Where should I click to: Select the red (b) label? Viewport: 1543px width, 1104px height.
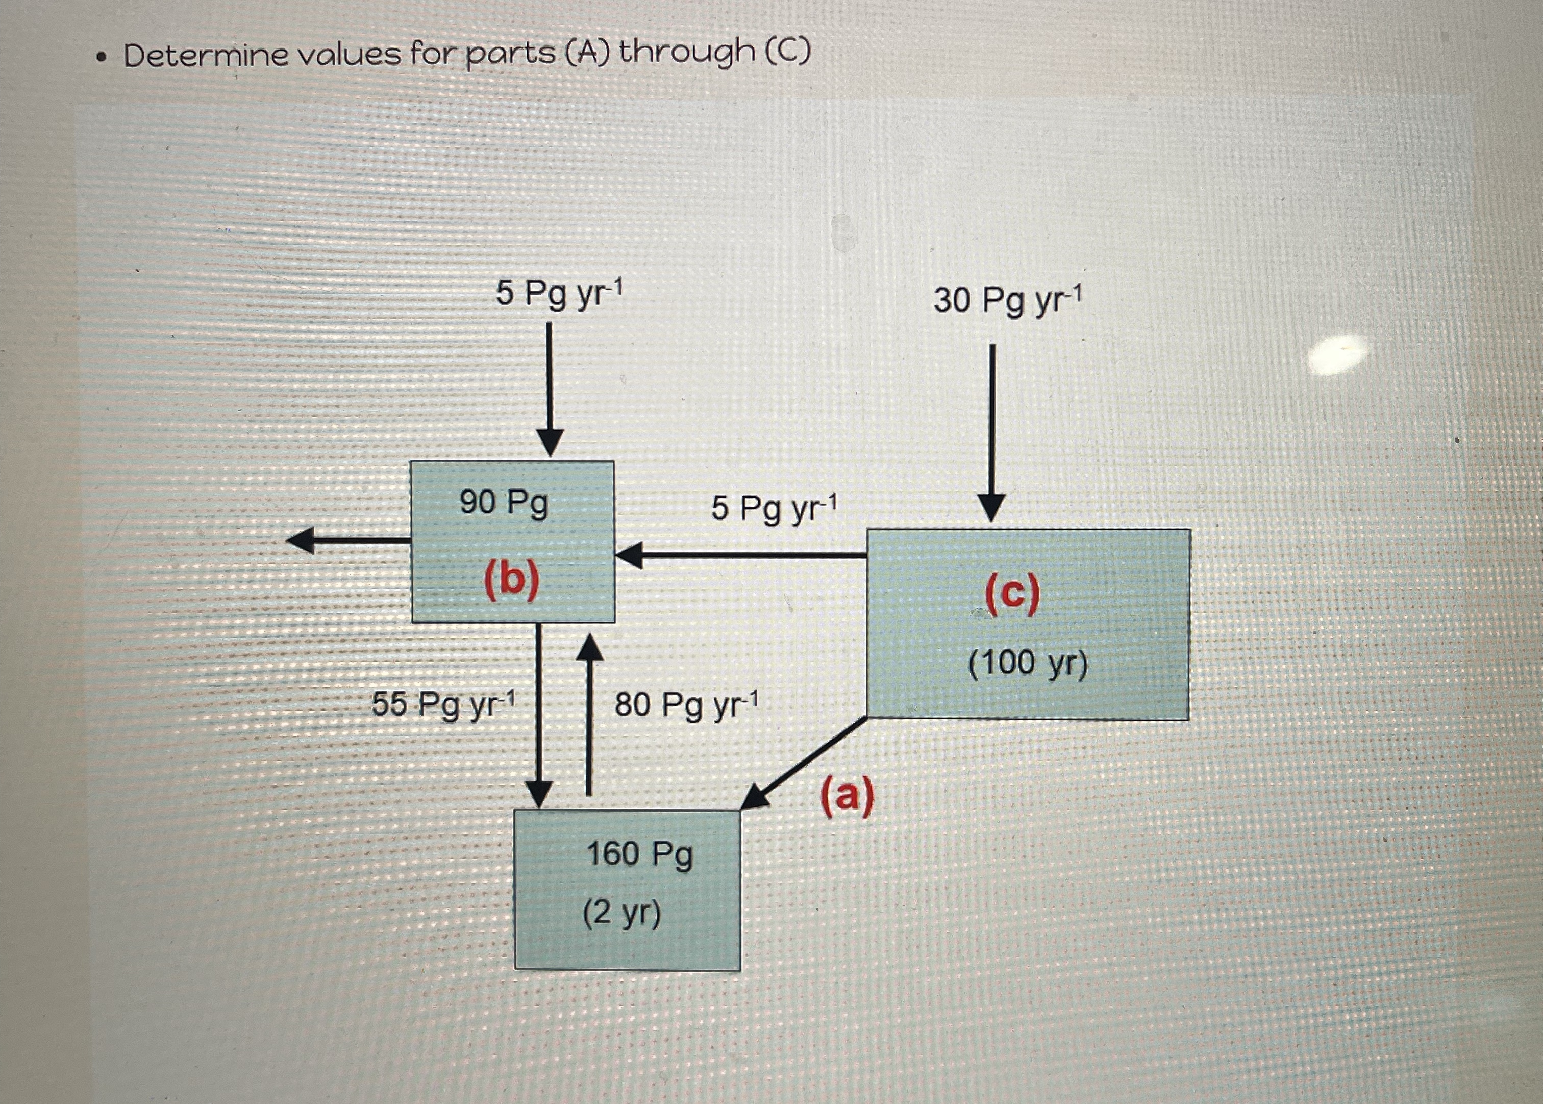pyautogui.click(x=512, y=581)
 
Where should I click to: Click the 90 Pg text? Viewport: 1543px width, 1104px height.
pyautogui.click(x=504, y=504)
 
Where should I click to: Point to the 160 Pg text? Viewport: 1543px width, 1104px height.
pyautogui.click(x=639, y=854)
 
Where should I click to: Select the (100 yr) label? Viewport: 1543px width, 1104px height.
pyautogui.click(x=1027, y=663)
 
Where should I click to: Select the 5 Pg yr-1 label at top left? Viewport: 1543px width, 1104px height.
pyautogui.click(x=559, y=293)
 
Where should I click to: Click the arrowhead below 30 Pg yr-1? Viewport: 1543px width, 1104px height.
pyautogui.click(x=991, y=508)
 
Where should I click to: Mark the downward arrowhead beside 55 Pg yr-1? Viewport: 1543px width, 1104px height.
pyautogui.click(x=539, y=794)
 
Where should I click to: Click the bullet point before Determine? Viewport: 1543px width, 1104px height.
pyautogui.click(x=102, y=57)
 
